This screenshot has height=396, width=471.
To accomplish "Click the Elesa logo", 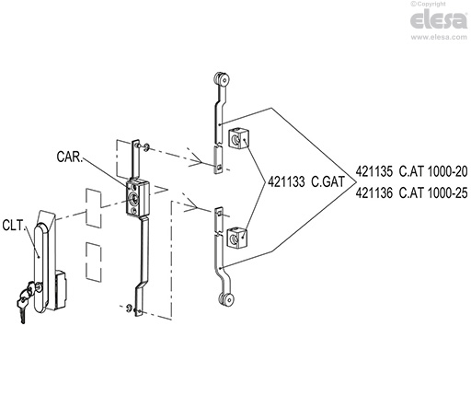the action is tap(439, 19).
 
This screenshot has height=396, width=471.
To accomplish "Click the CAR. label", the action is tap(70, 157).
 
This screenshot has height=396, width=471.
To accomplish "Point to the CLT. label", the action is tap(13, 226).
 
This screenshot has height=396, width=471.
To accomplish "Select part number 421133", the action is tap(286, 182).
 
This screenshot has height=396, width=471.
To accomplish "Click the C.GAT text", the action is tap(327, 182).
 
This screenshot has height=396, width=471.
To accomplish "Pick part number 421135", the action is tap(373, 171).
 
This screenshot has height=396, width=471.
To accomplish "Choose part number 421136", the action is tap(373, 193).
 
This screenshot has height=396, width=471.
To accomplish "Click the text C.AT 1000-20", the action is tap(433, 171).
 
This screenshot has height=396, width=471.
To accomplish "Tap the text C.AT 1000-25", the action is tap(433, 193).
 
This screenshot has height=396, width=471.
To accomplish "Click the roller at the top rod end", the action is tap(222, 79).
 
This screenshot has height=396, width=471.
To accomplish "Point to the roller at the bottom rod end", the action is tap(227, 299).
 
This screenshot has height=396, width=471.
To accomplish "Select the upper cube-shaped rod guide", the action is tap(237, 139).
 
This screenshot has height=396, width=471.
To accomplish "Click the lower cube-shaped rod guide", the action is tap(237, 238).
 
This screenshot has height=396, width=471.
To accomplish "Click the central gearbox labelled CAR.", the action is tap(137, 197).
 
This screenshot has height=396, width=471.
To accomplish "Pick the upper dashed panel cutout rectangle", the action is tap(94, 208).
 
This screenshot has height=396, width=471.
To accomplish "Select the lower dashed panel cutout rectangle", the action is tap(94, 262).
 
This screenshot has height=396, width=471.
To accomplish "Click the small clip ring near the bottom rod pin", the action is tap(129, 308).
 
